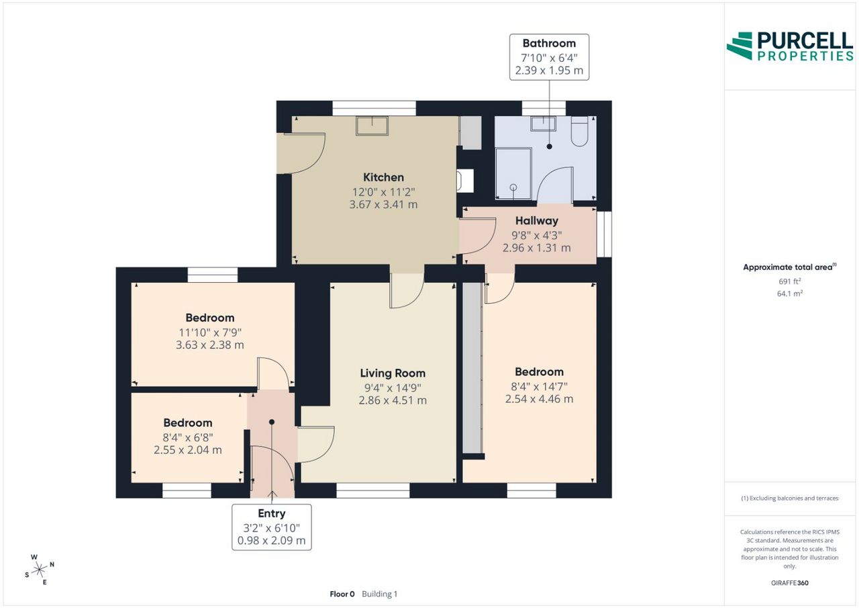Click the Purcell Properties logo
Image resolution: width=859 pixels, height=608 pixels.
[x=790, y=46]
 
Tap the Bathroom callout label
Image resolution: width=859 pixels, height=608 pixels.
[x=549, y=44]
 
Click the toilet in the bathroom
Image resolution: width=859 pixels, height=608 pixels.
[x=579, y=131]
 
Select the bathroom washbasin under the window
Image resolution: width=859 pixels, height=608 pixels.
[x=544, y=124]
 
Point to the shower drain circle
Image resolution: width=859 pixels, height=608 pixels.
[x=513, y=187]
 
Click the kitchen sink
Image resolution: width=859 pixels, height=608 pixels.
[x=372, y=126]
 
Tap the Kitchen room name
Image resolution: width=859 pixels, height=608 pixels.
[x=383, y=177]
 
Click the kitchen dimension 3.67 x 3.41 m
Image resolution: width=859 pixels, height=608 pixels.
[x=383, y=205]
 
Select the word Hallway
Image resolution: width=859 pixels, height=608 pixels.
[x=536, y=221]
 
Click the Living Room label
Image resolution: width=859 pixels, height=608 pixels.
[x=393, y=373]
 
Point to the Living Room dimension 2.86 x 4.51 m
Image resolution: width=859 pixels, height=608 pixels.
[x=393, y=400]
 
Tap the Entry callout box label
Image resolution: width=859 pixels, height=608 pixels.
[x=272, y=513]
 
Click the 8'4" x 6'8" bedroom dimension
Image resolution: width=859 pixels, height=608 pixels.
[x=188, y=437]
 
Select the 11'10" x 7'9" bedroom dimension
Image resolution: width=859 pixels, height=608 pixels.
[x=210, y=333]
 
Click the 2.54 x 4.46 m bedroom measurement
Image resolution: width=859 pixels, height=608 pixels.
[x=539, y=399]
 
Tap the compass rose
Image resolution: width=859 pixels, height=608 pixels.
[x=39, y=570]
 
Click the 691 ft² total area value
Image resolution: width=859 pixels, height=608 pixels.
[x=790, y=281]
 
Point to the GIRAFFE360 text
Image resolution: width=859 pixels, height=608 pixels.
[x=790, y=583]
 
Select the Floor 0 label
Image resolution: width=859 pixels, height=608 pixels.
[x=342, y=594]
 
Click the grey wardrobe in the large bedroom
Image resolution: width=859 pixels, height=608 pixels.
[x=472, y=367]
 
